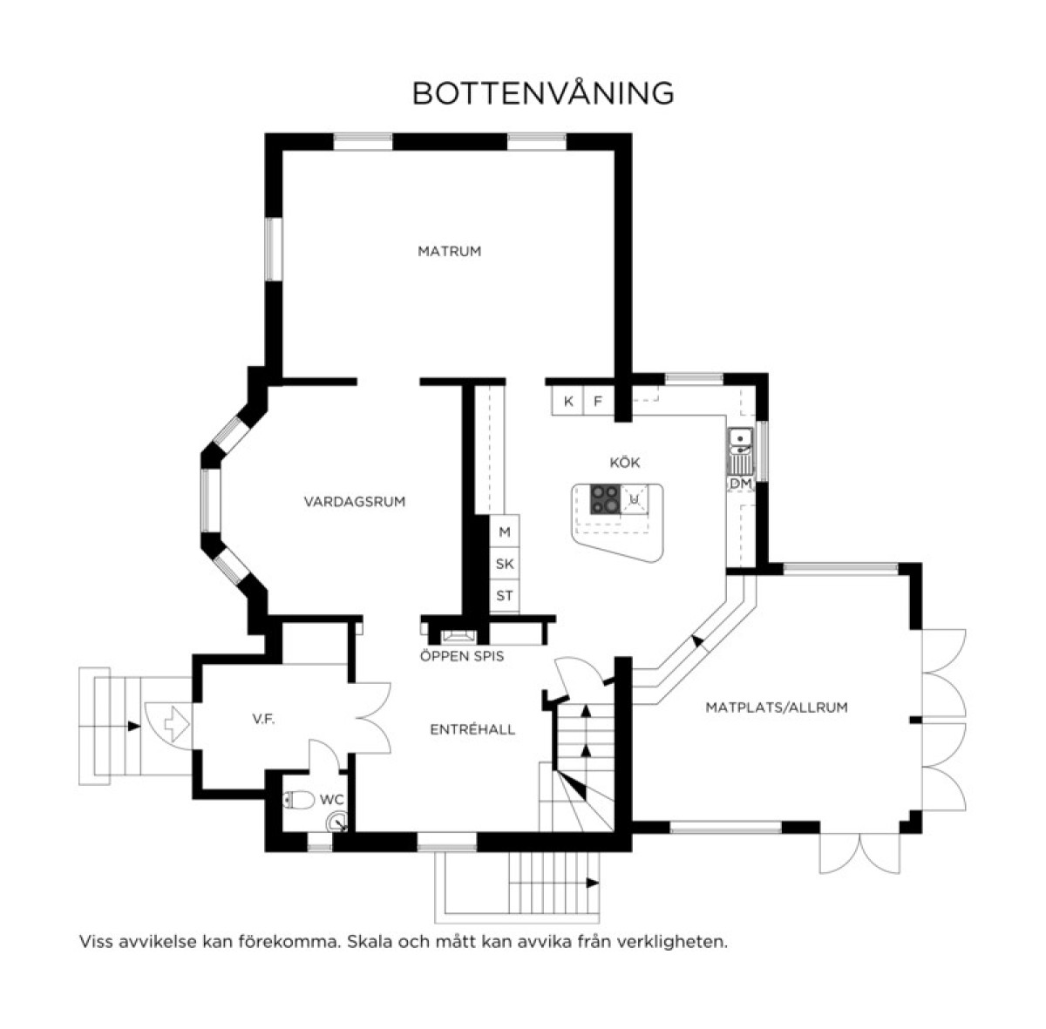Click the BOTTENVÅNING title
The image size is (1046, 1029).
(x=543, y=93)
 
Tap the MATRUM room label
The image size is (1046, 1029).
(x=450, y=251)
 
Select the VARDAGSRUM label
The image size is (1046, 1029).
(x=355, y=502)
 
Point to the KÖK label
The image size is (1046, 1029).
(x=625, y=463)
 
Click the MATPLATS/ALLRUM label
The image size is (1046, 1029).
(x=777, y=707)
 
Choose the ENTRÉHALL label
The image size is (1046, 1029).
(x=472, y=729)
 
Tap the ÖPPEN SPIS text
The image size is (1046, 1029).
(x=462, y=655)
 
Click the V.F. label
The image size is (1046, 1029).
(x=263, y=720)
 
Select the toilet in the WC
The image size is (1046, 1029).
(x=299, y=800)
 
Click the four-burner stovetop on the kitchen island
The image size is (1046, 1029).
(x=605, y=498)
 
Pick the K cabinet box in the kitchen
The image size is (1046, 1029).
(x=567, y=401)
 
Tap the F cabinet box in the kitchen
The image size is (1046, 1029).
(x=598, y=401)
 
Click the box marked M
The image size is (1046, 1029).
(x=505, y=531)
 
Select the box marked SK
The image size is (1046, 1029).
(x=505, y=564)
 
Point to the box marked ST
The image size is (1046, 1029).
(x=505, y=596)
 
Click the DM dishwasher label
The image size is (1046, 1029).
(x=740, y=483)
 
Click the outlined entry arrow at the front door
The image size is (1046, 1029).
(x=176, y=724)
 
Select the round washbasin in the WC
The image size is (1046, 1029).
(x=336, y=823)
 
